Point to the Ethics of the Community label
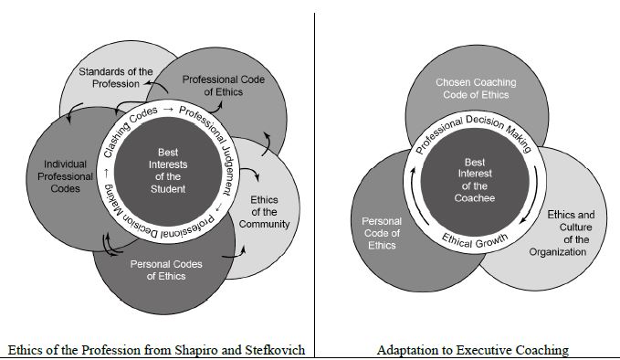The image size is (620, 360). [269, 211]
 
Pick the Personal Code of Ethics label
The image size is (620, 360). [382, 233]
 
